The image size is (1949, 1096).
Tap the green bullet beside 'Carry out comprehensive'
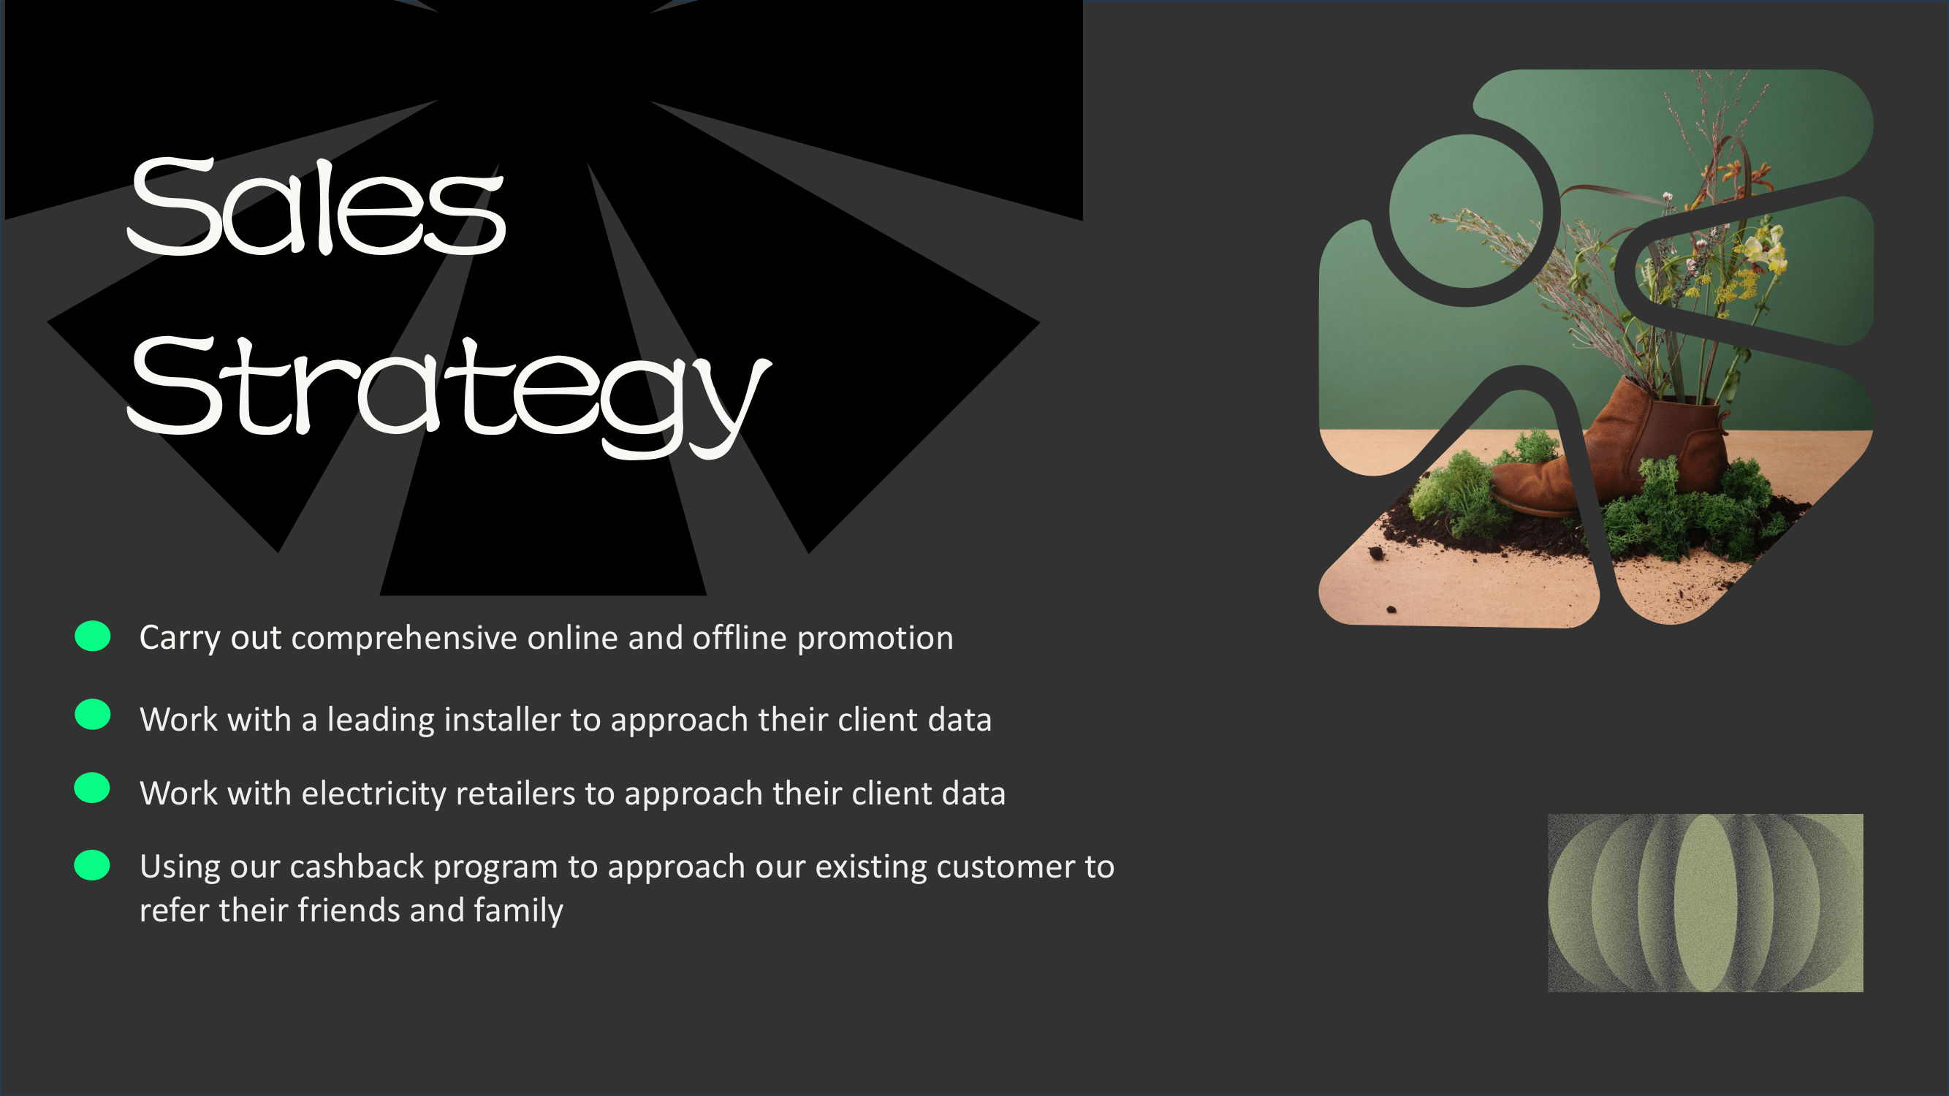point(92,636)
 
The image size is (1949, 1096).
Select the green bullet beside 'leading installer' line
point(92,714)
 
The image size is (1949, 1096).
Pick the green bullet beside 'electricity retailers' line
point(92,788)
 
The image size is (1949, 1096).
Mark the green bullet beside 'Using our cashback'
point(92,865)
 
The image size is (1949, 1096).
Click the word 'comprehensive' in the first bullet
point(404,639)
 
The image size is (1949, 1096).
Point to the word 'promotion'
point(875,639)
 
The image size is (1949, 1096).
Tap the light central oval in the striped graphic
point(1705,902)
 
